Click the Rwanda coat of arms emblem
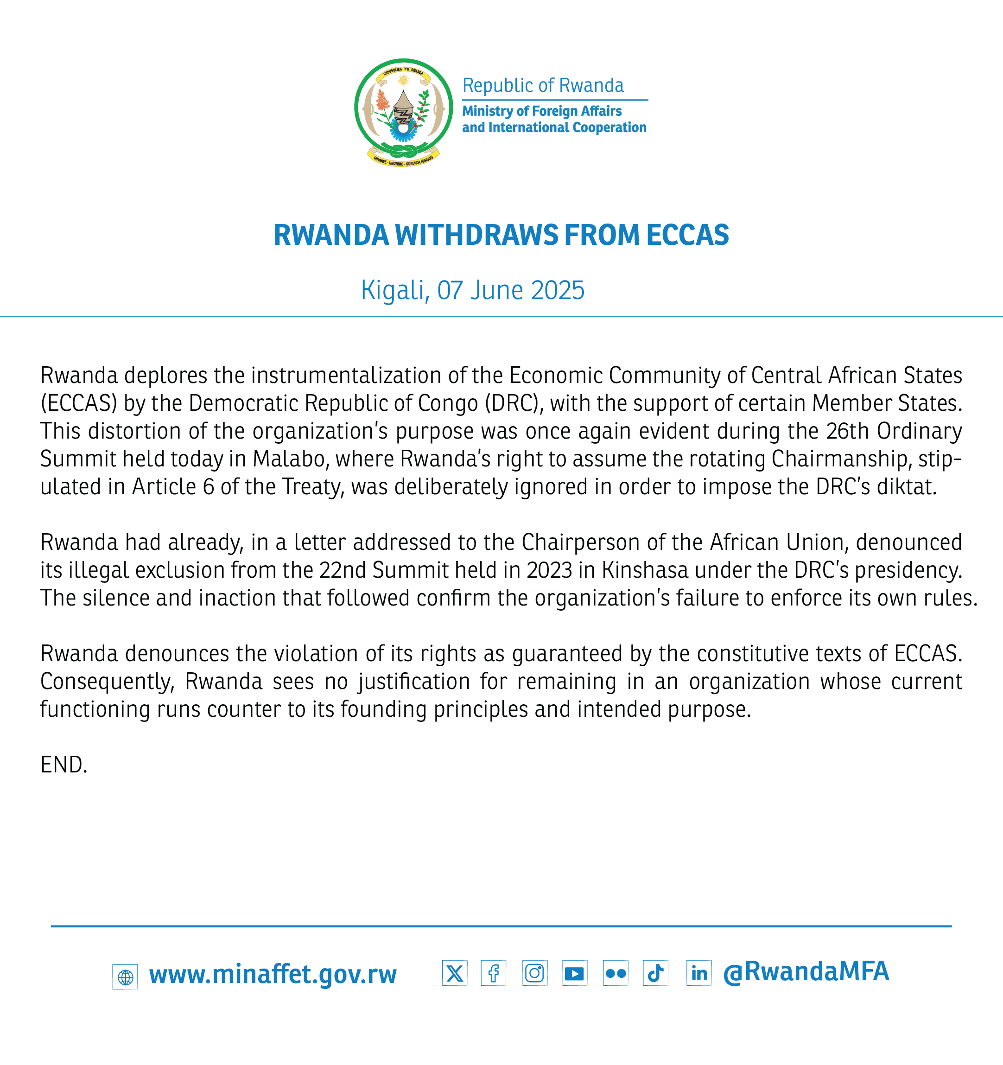tap(403, 111)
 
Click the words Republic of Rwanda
tap(543, 85)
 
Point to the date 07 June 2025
tap(510, 290)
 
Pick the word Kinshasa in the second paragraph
tap(645, 571)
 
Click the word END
tap(63, 765)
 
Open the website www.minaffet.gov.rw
tap(273, 975)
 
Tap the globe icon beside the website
tap(125, 976)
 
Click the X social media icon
tap(454, 973)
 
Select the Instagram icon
tap(534, 973)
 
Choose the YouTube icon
tap(575, 973)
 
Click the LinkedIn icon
tap(698, 973)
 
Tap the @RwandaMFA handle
tap(806, 972)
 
